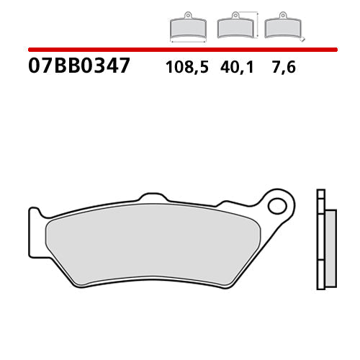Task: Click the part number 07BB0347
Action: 79,66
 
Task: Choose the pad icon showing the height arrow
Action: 233,27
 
